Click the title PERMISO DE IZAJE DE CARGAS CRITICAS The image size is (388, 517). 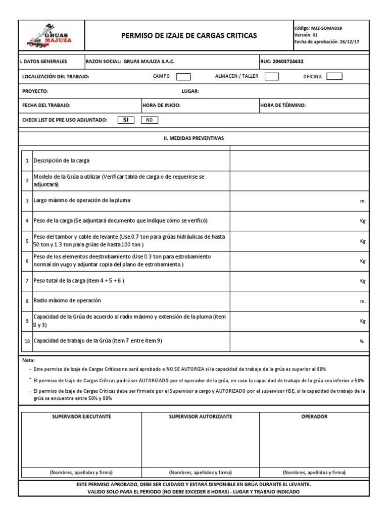[x=189, y=35]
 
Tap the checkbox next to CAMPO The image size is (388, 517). [x=183, y=77]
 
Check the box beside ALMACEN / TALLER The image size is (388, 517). [x=272, y=77]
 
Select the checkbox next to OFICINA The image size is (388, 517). [x=334, y=77]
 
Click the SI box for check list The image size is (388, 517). [x=125, y=120]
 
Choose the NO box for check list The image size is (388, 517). [x=149, y=120]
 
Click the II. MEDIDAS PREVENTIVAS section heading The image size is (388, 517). [x=195, y=138]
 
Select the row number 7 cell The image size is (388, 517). [x=27, y=281]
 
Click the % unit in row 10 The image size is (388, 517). [x=362, y=342]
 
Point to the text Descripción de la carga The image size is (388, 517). [x=61, y=161]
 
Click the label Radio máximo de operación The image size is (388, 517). [x=67, y=300]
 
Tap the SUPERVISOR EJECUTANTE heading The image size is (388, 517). [x=82, y=417]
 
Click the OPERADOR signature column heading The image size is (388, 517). [x=314, y=417]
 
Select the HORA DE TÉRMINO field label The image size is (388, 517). [x=283, y=106]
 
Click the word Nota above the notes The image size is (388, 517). [x=28, y=360]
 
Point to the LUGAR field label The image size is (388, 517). [x=190, y=91]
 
